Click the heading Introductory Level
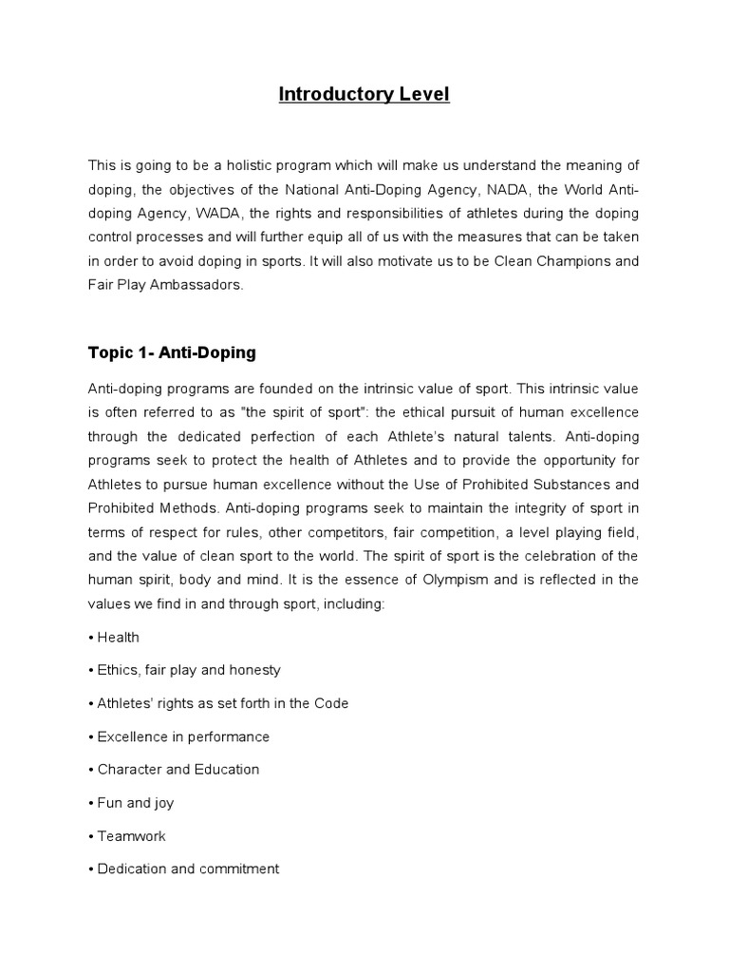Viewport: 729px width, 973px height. point(364,94)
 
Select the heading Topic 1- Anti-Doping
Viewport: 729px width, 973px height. point(172,353)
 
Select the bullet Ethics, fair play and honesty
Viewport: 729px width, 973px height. point(188,670)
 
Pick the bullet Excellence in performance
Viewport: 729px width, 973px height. point(182,736)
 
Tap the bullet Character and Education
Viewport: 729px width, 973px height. point(178,770)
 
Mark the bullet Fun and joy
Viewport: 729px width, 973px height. point(135,803)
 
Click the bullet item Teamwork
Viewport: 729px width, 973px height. point(131,836)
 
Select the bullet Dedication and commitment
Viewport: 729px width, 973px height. point(187,868)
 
